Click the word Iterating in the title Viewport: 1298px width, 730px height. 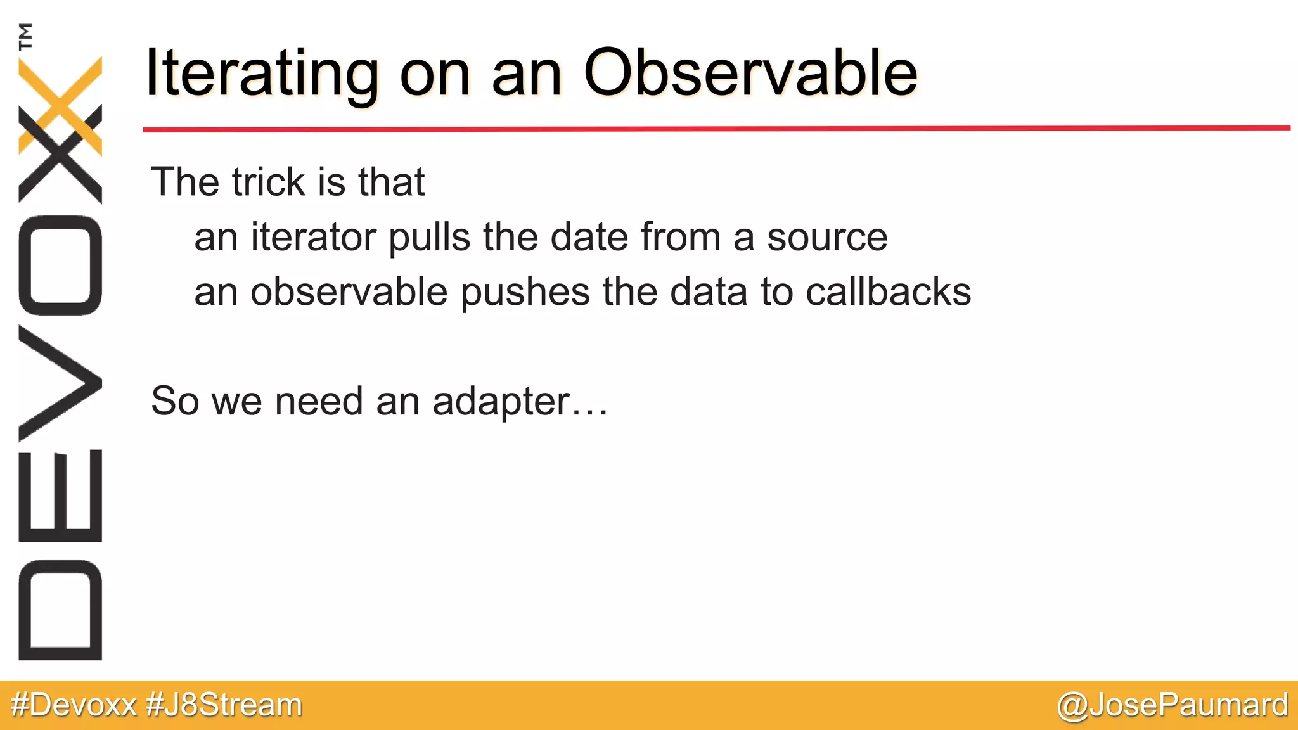(x=261, y=74)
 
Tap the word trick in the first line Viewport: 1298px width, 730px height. (x=269, y=182)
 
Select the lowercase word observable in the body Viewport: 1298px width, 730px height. (x=349, y=292)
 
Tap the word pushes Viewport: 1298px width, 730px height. (x=525, y=292)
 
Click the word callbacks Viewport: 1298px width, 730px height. (x=888, y=292)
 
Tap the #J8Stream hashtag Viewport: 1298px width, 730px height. (x=224, y=705)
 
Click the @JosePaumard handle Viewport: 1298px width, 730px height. (x=1172, y=705)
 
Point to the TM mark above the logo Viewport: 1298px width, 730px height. (x=26, y=36)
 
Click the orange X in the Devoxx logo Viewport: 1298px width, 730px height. (x=60, y=105)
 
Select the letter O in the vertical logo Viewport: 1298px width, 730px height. (x=60, y=266)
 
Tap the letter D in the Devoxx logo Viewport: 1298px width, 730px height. (x=60, y=610)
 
